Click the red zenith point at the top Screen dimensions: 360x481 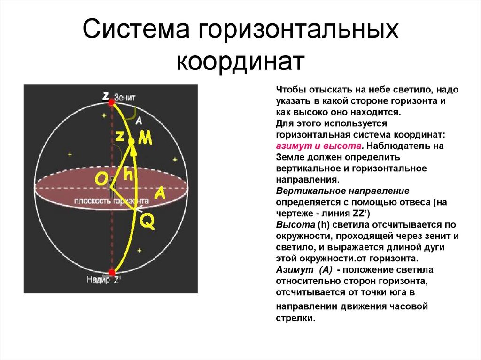pos(111,102)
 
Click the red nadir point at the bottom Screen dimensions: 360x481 pos(112,272)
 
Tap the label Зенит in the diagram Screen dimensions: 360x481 pos(125,98)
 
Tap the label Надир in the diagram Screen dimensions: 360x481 pos(98,280)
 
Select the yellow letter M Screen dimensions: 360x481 pos(146,138)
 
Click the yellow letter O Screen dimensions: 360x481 pos(101,179)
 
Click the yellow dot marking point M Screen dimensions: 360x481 pos(132,141)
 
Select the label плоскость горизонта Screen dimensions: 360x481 pos(111,200)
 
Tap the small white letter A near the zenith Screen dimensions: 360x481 pos(138,121)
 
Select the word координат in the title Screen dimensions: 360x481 pos(240,61)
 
